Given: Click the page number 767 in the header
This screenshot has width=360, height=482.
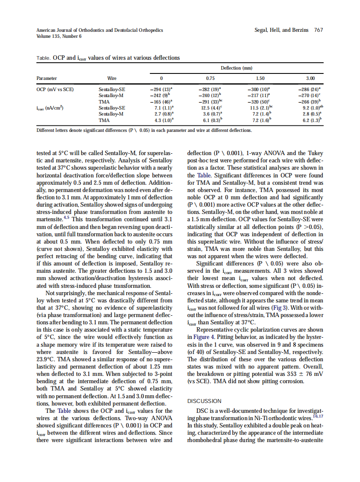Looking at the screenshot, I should point(318,30).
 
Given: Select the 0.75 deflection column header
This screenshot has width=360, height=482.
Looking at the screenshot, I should point(211,79).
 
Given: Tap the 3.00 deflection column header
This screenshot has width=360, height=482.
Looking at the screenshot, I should point(310,79).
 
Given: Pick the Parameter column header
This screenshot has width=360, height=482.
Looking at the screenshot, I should point(47,79).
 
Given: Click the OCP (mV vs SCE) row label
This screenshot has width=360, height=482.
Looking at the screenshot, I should point(55,89).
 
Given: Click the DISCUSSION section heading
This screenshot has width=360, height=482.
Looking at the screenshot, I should point(204,401).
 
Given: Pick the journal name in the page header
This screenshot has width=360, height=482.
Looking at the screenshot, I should point(100,30).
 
